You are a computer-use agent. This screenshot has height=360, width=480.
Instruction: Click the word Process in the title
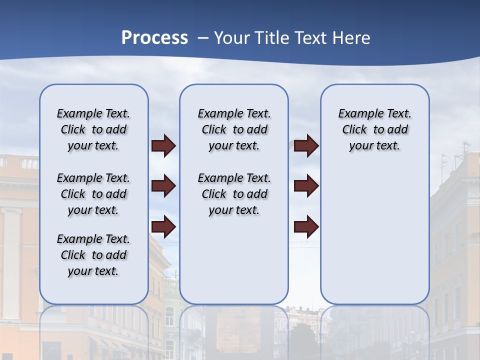click(x=154, y=38)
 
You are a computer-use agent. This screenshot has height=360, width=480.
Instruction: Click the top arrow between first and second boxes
click(x=163, y=146)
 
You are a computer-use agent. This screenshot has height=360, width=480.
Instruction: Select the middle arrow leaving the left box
click(x=163, y=186)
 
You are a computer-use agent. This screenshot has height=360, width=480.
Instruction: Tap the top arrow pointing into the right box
click(x=306, y=146)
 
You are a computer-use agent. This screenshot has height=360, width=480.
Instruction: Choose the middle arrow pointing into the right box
click(x=306, y=186)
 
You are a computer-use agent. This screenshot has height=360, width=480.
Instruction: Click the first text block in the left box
click(x=93, y=129)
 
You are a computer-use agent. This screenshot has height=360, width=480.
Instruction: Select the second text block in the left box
click(x=93, y=194)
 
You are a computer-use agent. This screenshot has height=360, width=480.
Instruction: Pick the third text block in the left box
click(x=93, y=255)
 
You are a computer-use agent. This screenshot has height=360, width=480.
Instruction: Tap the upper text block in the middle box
click(x=234, y=129)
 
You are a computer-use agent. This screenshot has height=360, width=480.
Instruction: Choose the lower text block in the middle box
click(x=234, y=194)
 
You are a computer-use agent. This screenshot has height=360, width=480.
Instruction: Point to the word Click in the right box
click(x=354, y=129)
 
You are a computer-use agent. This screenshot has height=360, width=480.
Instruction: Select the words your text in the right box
click(x=374, y=146)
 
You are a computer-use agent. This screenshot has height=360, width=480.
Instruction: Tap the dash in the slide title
click(x=203, y=38)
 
